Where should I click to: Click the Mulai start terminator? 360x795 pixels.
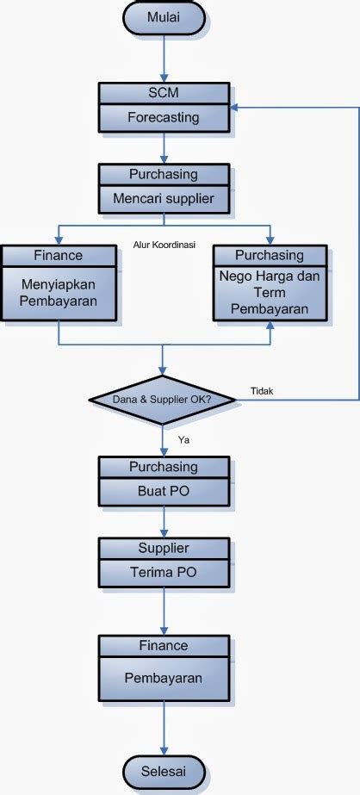tap(164, 16)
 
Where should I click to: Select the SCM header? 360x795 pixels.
tap(164, 93)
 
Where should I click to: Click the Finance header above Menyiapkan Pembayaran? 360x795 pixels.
tap(58, 256)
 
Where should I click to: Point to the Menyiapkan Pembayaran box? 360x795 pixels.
tap(58, 293)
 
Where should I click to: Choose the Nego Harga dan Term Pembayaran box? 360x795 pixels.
tap(270, 293)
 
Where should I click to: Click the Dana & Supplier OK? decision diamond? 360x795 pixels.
tap(164, 400)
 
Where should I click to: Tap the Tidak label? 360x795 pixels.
tap(261, 391)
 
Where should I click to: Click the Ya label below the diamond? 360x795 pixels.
tap(183, 439)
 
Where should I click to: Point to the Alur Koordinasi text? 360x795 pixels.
tap(164, 245)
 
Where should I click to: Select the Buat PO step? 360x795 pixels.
tap(164, 494)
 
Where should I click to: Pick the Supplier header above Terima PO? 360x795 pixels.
tap(164, 548)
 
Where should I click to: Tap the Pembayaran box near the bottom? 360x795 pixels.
tap(164, 678)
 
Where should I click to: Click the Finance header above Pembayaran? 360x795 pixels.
tap(164, 644)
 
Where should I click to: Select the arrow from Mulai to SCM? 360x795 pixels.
tap(164, 56)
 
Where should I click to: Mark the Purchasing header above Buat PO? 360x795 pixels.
tap(164, 467)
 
